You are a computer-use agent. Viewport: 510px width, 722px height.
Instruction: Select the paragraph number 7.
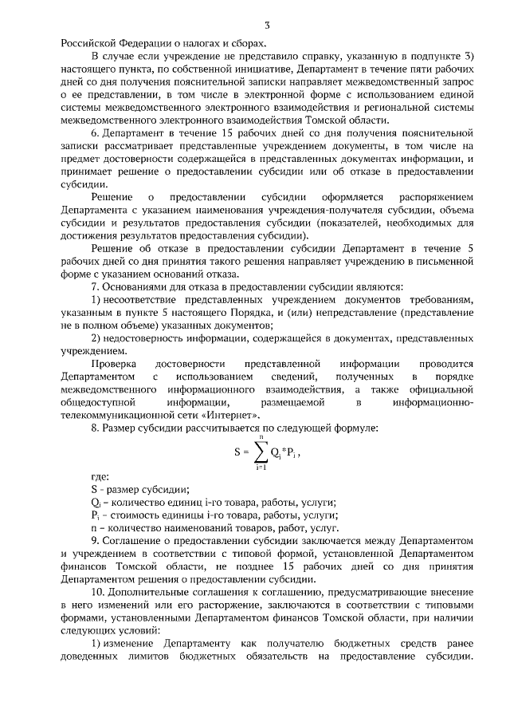pos(96,286)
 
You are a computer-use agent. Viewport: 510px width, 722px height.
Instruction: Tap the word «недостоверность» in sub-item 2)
pos(147,337)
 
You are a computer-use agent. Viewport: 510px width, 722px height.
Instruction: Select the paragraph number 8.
pos(96,428)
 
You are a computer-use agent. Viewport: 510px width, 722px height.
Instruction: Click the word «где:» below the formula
pos(101,476)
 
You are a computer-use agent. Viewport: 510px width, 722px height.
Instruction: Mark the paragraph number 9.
pos(96,541)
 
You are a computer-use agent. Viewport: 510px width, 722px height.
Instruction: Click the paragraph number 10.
pos(98,594)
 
